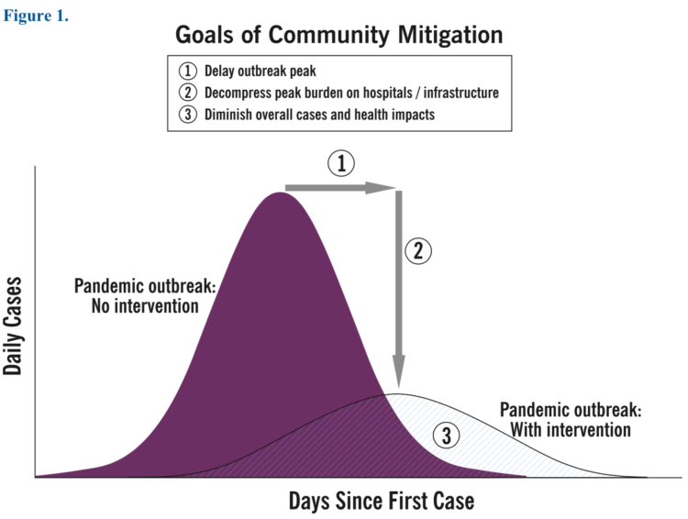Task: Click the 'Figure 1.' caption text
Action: coord(36,16)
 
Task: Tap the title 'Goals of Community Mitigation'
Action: coord(339,35)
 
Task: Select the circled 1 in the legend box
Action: coord(188,72)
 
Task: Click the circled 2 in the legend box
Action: coord(188,93)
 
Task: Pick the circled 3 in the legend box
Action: coord(188,114)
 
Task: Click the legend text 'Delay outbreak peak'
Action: coord(261,72)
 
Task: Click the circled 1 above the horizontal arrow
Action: coord(341,163)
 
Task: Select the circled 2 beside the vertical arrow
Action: coord(418,251)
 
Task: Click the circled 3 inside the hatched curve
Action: coord(446,436)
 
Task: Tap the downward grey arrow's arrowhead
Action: coord(398,370)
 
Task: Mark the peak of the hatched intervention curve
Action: coord(398,394)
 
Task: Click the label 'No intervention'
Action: coord(145,305)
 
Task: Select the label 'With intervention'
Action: coord(571,429)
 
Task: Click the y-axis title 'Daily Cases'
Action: coord(12,326)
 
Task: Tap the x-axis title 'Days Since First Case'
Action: coord(382,501)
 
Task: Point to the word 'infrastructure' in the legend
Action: coord(461,93)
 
